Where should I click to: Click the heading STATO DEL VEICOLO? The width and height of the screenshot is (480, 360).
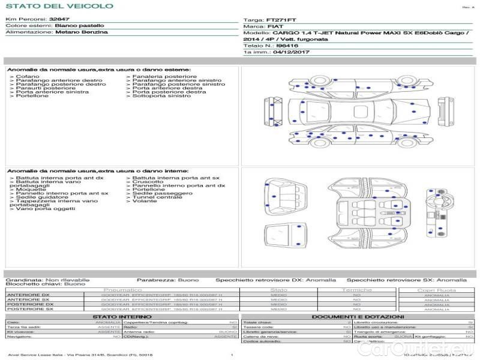click(x=59, y=6)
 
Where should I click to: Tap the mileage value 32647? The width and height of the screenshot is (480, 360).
click(x=59, y=20)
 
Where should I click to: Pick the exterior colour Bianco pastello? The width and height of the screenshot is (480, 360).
click(x=79, y=26)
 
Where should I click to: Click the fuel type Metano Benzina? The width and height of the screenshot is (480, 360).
click(x=82, y=32)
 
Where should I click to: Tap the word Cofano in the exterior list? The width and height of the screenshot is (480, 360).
click(x=28, y=77)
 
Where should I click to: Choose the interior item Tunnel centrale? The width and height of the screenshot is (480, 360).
click(x=157, y=197)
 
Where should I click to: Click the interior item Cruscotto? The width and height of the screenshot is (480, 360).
click(x=148, y=182)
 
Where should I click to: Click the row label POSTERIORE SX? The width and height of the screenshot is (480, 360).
click(x=29, y=309)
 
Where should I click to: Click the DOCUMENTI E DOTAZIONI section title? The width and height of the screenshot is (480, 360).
click(x=358, y=316)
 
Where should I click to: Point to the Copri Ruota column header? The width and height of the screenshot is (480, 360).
click(x=436, y=290)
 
